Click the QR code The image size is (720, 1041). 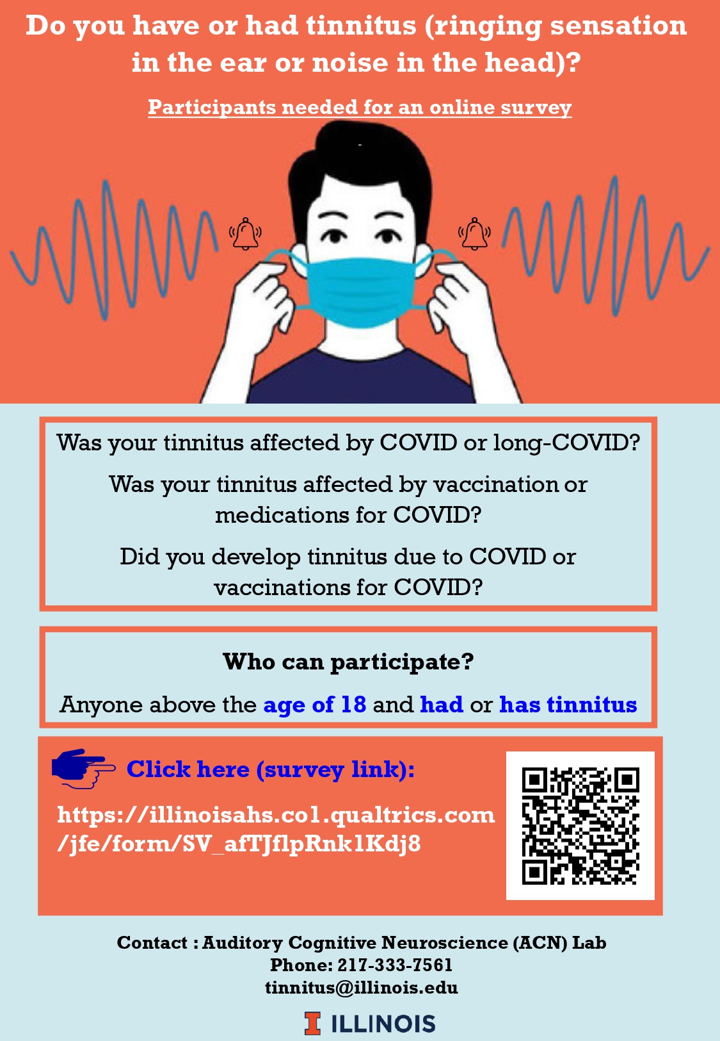coord(580,825)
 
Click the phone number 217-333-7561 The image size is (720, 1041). coord(395,965)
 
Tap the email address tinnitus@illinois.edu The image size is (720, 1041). coord(362,987)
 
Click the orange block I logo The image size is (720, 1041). coord(312,1023)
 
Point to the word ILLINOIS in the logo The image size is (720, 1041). coord(383,1023)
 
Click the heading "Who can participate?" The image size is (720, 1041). coord(348,661)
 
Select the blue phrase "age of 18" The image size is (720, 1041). coord(315,704)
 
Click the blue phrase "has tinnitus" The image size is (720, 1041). coord(568,704)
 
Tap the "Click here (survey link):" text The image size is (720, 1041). coord(270,769)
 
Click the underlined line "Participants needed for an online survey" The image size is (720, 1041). coord(360,107)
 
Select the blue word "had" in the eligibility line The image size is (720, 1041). coord(442,704)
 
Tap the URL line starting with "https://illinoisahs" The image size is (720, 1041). coord(276,814)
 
